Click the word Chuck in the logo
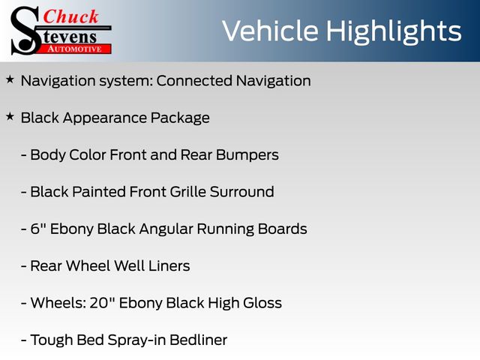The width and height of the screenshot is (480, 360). click(70, 16)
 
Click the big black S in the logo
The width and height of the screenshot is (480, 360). click(26, 31)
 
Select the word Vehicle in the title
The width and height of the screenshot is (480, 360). click(270, 31)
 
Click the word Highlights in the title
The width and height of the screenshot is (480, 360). click(394, 32)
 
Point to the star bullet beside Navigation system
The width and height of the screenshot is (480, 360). click(10, 79)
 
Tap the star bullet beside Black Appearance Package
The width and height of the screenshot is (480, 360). click(10, 116)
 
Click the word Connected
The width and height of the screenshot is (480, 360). click(194, 81)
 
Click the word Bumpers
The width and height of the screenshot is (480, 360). click(247, 155)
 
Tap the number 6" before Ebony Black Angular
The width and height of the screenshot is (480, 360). click(38, 229)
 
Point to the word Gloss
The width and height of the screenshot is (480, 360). click(262, 303)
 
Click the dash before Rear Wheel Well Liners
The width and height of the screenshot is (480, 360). click(23, 266)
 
